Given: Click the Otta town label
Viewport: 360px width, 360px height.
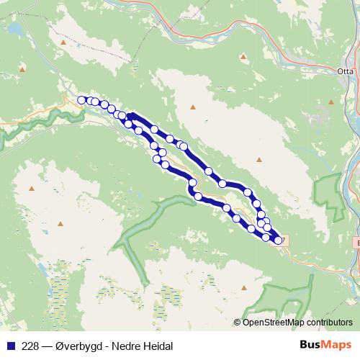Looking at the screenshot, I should click(345, 71).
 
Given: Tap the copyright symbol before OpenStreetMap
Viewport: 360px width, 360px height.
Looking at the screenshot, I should click(238, 323).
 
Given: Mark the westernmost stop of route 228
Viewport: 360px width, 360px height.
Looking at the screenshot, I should click(82, 100).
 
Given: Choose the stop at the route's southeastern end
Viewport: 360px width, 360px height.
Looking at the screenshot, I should click(278, 240).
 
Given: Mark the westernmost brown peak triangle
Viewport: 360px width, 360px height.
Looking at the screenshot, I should click(22, 69).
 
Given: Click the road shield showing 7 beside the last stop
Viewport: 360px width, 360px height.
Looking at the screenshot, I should click(282, 240).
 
